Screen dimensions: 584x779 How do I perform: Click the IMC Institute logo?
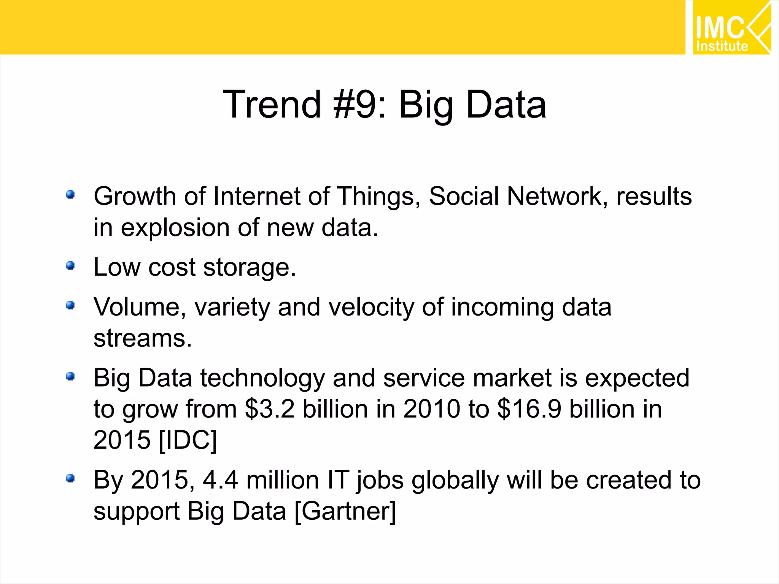click(x=731, y=28)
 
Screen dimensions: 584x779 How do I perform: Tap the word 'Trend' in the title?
click(x=272, y=105)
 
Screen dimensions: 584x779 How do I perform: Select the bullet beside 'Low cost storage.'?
click(x=70, y=265)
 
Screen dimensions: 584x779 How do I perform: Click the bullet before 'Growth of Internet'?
click(x=70, y=195)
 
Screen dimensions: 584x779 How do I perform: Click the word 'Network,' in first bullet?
click(x=557, y=197)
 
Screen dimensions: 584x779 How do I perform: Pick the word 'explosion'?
click(x=175, y=228)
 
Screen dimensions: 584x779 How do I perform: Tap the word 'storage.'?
click(x=250, y=268)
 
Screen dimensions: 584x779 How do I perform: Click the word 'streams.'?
click(x=143, y=338)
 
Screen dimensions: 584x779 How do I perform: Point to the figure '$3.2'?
click(x=270, y=409)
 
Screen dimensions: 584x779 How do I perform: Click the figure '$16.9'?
click(x=529, y=409)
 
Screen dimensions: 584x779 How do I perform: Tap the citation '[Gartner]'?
click(x=345, y=511)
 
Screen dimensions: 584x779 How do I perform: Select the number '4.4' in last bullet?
click(x=220, y=480)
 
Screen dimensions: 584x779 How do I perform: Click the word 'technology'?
click(x=262, y=379)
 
